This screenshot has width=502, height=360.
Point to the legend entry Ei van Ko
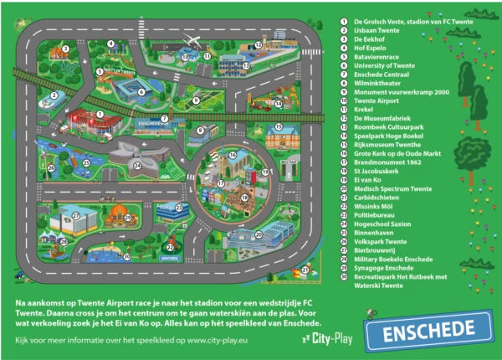click(368, 179)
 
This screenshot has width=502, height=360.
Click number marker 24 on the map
click(137, 164)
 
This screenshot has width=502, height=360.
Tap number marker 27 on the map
click(75, 215)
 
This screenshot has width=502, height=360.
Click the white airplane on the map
click(193, 40)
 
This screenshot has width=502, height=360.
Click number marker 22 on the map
click(170, 246)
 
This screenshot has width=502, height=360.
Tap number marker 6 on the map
click(141, 91)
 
